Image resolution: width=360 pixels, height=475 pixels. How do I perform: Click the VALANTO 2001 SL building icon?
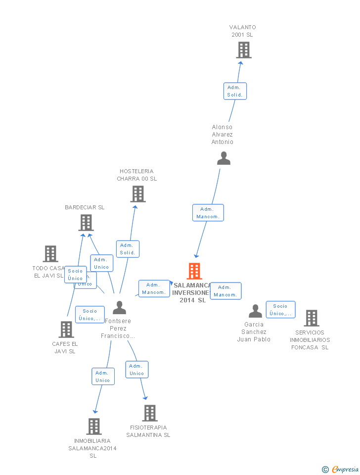243,50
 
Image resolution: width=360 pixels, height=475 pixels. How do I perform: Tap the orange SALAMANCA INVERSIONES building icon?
194,271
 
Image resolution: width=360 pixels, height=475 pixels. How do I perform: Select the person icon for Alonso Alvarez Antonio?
224,158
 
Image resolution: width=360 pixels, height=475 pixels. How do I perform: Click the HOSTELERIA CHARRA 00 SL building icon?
138,194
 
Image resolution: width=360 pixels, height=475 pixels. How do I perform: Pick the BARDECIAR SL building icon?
86,223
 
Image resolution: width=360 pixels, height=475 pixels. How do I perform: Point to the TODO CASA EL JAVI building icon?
50,254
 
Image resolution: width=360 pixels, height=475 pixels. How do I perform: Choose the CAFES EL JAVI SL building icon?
66,330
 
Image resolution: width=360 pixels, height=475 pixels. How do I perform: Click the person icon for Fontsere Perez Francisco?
119,308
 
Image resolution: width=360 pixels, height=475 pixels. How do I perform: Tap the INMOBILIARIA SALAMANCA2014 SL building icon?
94,427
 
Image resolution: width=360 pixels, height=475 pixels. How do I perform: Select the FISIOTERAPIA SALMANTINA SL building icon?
149,413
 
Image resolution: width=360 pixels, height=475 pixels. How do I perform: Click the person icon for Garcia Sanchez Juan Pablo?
255,311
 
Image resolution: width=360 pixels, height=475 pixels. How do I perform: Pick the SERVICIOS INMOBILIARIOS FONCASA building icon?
311,318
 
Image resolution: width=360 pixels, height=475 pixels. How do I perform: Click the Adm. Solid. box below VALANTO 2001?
235,91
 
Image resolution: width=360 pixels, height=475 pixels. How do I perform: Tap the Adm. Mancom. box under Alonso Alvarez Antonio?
208,213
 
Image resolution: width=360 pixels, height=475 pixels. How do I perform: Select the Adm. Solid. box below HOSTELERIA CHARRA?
128,249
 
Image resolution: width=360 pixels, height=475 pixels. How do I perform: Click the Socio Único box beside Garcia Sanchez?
280,310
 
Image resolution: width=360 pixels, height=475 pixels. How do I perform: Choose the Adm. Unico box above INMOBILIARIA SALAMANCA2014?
103,377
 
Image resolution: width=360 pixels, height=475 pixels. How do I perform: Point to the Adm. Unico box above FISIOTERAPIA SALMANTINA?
137,370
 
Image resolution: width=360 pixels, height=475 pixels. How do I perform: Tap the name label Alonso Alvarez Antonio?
223,135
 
